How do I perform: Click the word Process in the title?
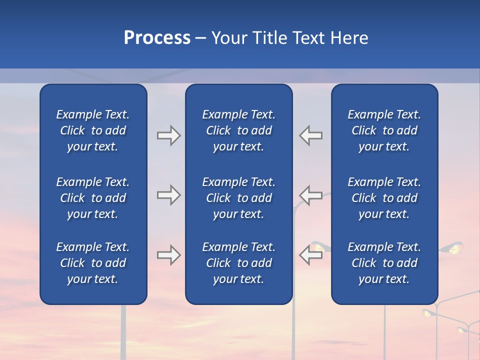pos(157,38)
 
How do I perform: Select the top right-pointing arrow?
pos(168,135)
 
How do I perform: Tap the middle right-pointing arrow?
pos(168,195)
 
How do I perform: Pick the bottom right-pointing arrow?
pos(168,255)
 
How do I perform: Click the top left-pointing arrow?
pos(311,135)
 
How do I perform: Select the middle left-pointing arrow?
pos(311,195)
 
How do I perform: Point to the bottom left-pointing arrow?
pos(311,255)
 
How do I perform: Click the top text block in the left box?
pos(93,130)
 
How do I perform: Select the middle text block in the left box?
pos(93,198)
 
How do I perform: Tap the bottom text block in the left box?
pos(93,263)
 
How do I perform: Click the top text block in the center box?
pos(238,130)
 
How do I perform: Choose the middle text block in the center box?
pos(238,198)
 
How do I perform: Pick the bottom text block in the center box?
pos(238,263)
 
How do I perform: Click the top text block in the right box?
pos(384,130)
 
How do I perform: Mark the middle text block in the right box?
pos(384,198)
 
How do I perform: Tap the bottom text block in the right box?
pos(384,263)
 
